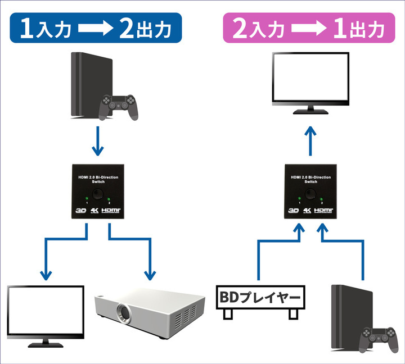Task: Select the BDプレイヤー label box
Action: pos(260,295)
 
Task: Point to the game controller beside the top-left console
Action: pos(120,106)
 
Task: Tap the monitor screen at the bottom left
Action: pos(45,310)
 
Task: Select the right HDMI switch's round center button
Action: pos(311,194)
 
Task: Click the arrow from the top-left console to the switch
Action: pos(98,141)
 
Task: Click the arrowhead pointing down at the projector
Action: pos(150,274)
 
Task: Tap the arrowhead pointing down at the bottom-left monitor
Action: pos(45,274)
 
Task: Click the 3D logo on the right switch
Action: pos(292,212)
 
